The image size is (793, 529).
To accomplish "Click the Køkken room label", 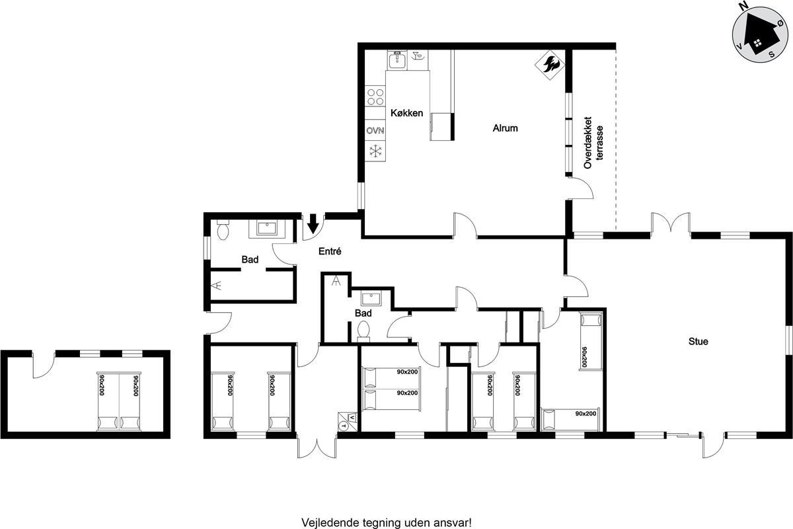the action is tap(407, 113).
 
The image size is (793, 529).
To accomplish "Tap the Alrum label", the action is tap(505, 128).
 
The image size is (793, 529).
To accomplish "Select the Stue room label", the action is tap(698, 341).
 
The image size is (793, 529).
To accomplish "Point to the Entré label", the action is tap(330, 251).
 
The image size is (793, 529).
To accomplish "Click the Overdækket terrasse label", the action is tap(593, 142).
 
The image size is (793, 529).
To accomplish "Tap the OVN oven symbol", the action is tap(375, 131).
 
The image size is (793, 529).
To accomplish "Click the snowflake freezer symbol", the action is tap(375, 151).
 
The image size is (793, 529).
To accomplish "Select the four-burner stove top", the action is tap(375, 97).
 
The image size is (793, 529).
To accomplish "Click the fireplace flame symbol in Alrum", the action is tap(549, 65).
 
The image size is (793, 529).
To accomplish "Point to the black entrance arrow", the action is tap(313, 224).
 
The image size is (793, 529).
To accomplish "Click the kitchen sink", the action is tap(397, 60).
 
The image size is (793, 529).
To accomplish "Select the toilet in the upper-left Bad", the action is tap(223, 230).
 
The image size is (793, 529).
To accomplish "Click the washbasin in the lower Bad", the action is tap(371, 299).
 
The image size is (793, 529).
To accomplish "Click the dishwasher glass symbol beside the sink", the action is tap(418, 56).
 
